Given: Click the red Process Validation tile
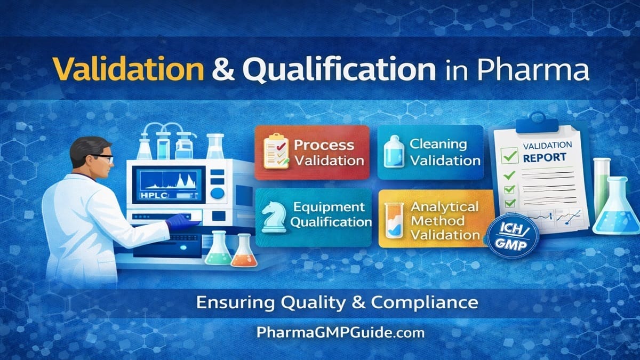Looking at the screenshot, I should click(312, 151).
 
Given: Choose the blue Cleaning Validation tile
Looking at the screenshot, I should click(430, 151).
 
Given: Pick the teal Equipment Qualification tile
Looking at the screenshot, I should click(314, 216).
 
